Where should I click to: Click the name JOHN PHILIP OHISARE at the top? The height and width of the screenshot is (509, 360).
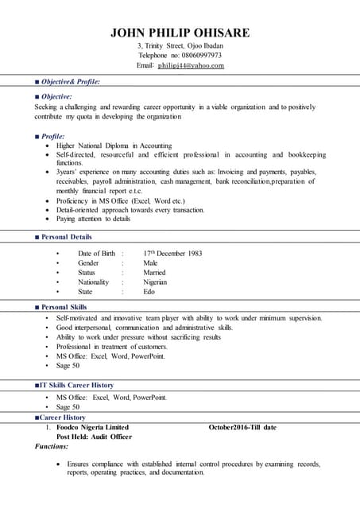point(180,33)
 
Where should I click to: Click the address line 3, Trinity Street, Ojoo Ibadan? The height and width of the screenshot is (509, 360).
point(180,46)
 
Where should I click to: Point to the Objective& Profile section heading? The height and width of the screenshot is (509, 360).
point(70,82)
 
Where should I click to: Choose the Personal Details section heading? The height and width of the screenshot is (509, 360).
point(66,237)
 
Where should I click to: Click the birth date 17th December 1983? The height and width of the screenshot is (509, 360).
point(172,254)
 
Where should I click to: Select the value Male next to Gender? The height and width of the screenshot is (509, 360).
point(150,263)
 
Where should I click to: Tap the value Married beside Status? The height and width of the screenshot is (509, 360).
point(155,273)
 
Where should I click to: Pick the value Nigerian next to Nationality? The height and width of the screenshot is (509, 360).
point(155,282)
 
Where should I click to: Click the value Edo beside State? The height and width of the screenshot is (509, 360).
point(149,292)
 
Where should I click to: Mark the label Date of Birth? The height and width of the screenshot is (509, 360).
point(96,254)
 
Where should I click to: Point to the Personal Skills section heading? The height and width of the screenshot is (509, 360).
point(64,307)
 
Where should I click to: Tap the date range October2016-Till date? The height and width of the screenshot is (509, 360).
point(242,427)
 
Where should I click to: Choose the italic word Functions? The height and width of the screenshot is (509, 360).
point(52,447)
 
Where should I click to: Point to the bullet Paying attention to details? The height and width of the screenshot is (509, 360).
point(93,219)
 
